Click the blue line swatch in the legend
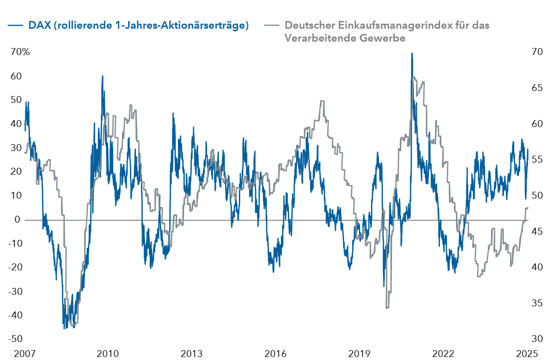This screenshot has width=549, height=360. pyautogui.click(x=15, y=25)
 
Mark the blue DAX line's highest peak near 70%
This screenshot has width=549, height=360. pyautogui.click(x=412, y=54)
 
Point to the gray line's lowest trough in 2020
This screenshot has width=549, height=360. pyautogui.click(x=387, y=308)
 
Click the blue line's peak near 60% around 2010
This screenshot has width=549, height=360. pyautogui.click(x=103, y=76)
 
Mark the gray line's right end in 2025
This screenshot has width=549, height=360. pyautogui.click(x=528, y=207)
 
